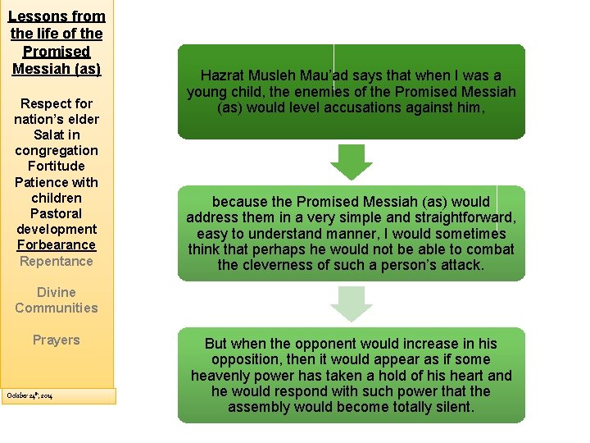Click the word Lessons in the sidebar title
point(33,16)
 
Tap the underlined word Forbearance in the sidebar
point(56,245)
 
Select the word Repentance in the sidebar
point(56,261)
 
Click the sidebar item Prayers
point(56,340)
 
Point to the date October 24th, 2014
point(29,395)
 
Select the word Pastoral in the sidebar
point(56,213)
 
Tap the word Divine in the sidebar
point(56,293)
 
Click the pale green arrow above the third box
point(352,304)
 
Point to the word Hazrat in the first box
point(224,75)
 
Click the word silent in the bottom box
point(452,407)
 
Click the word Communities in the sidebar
point(56,308)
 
